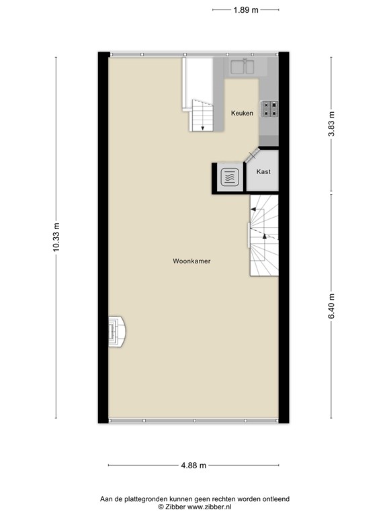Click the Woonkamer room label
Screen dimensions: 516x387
click(x=191, y=261)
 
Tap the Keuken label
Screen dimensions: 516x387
click(x=242, y=113)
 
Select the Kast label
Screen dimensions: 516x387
click(x=264, y=172)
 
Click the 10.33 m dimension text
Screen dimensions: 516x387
click(x=56, y=237)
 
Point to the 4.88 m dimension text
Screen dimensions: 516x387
click(x=193, y=466)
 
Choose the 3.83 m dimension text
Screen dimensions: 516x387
click(x=331, y=124)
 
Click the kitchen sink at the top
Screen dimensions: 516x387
click(x=241, y=67)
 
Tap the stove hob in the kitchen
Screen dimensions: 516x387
click(x=270, y=109)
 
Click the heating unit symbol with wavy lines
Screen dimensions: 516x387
click(x=229, y=177)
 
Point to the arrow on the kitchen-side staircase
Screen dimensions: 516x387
click(x=202, y=126)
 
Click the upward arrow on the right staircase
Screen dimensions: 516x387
click(x=265, y=235)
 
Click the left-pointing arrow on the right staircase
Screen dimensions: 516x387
click(x=253, y=210)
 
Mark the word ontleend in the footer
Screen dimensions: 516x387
click(x=275, y=499)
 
